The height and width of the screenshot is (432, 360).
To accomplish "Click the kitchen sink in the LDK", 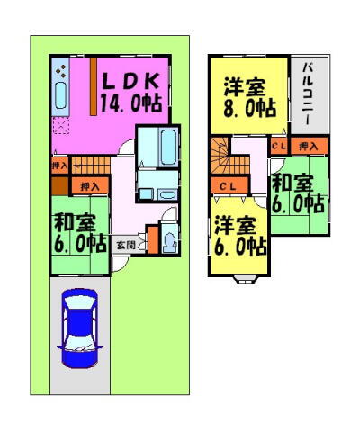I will (61, 94).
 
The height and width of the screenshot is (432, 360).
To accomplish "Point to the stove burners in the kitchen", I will (60, 69).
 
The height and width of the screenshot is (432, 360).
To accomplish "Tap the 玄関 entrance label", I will (131, 245).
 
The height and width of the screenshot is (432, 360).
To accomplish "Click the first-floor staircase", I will (90, 165).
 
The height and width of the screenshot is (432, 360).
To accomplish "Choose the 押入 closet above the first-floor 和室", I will (90, 186).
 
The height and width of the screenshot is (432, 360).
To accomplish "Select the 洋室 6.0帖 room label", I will (238, 233).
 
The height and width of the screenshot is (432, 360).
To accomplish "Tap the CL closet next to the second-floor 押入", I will (278, 145).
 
